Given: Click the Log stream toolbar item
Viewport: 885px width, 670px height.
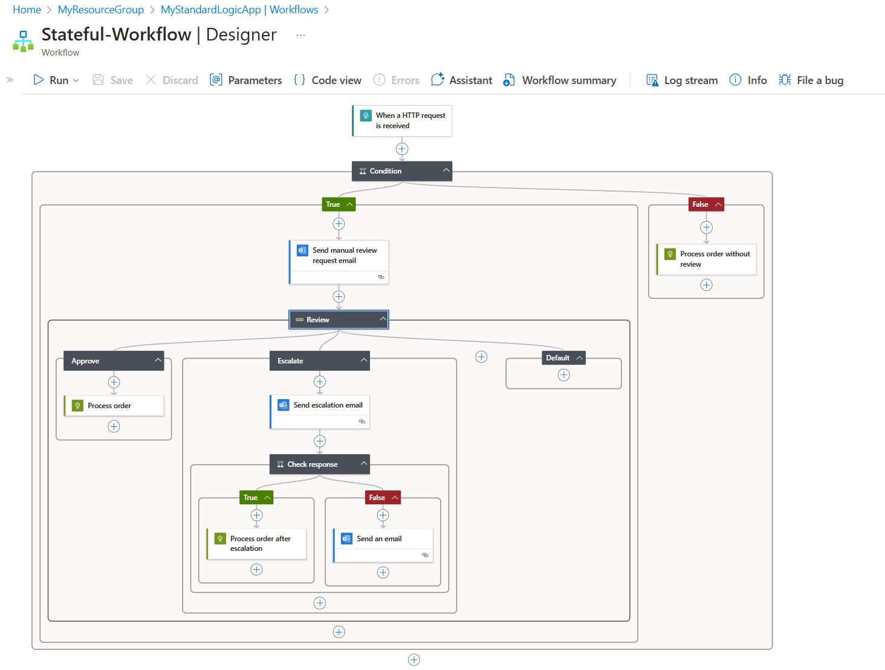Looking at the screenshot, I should [682, 80].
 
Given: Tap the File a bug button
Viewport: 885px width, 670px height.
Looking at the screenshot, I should [811, 80].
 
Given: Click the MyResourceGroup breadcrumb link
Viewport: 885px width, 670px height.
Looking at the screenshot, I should [101, 10].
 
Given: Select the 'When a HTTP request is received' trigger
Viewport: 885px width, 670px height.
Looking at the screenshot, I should [402, 121].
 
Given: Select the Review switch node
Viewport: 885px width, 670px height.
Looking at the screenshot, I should [339, 320].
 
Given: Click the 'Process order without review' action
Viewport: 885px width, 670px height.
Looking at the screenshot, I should [707, 259].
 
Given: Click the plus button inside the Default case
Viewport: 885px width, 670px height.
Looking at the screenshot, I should [564, 375].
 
